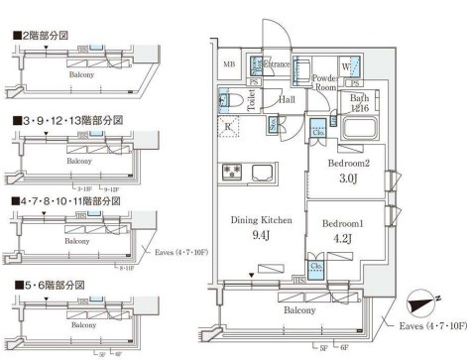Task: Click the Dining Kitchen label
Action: pyautogui.click(x=261, y=220)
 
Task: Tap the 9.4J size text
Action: pyautogui.click(x=261, y=236)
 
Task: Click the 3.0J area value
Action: pyautogui.click(x=348, y=179)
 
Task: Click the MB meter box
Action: pyautogui.click(x=229, y=66)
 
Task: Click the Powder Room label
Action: pyautogui.click(x=325, y=81)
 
